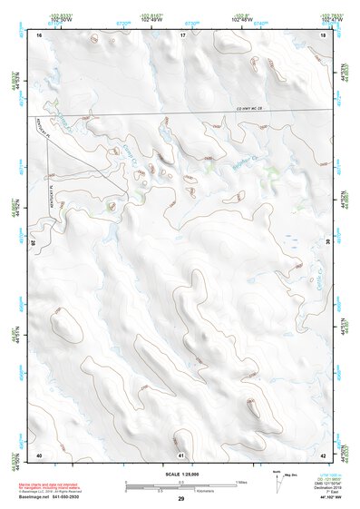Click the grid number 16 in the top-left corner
click(40, 34)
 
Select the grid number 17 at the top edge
click(182, 34)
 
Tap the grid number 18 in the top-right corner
click(324, 34)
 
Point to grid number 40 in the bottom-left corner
click(39, 454)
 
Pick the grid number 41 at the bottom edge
click(181, 454)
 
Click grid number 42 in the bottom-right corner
click(324, 454)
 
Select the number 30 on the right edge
click(327, 242)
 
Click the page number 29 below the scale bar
click(181, 499)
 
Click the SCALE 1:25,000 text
click(181, 474)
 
